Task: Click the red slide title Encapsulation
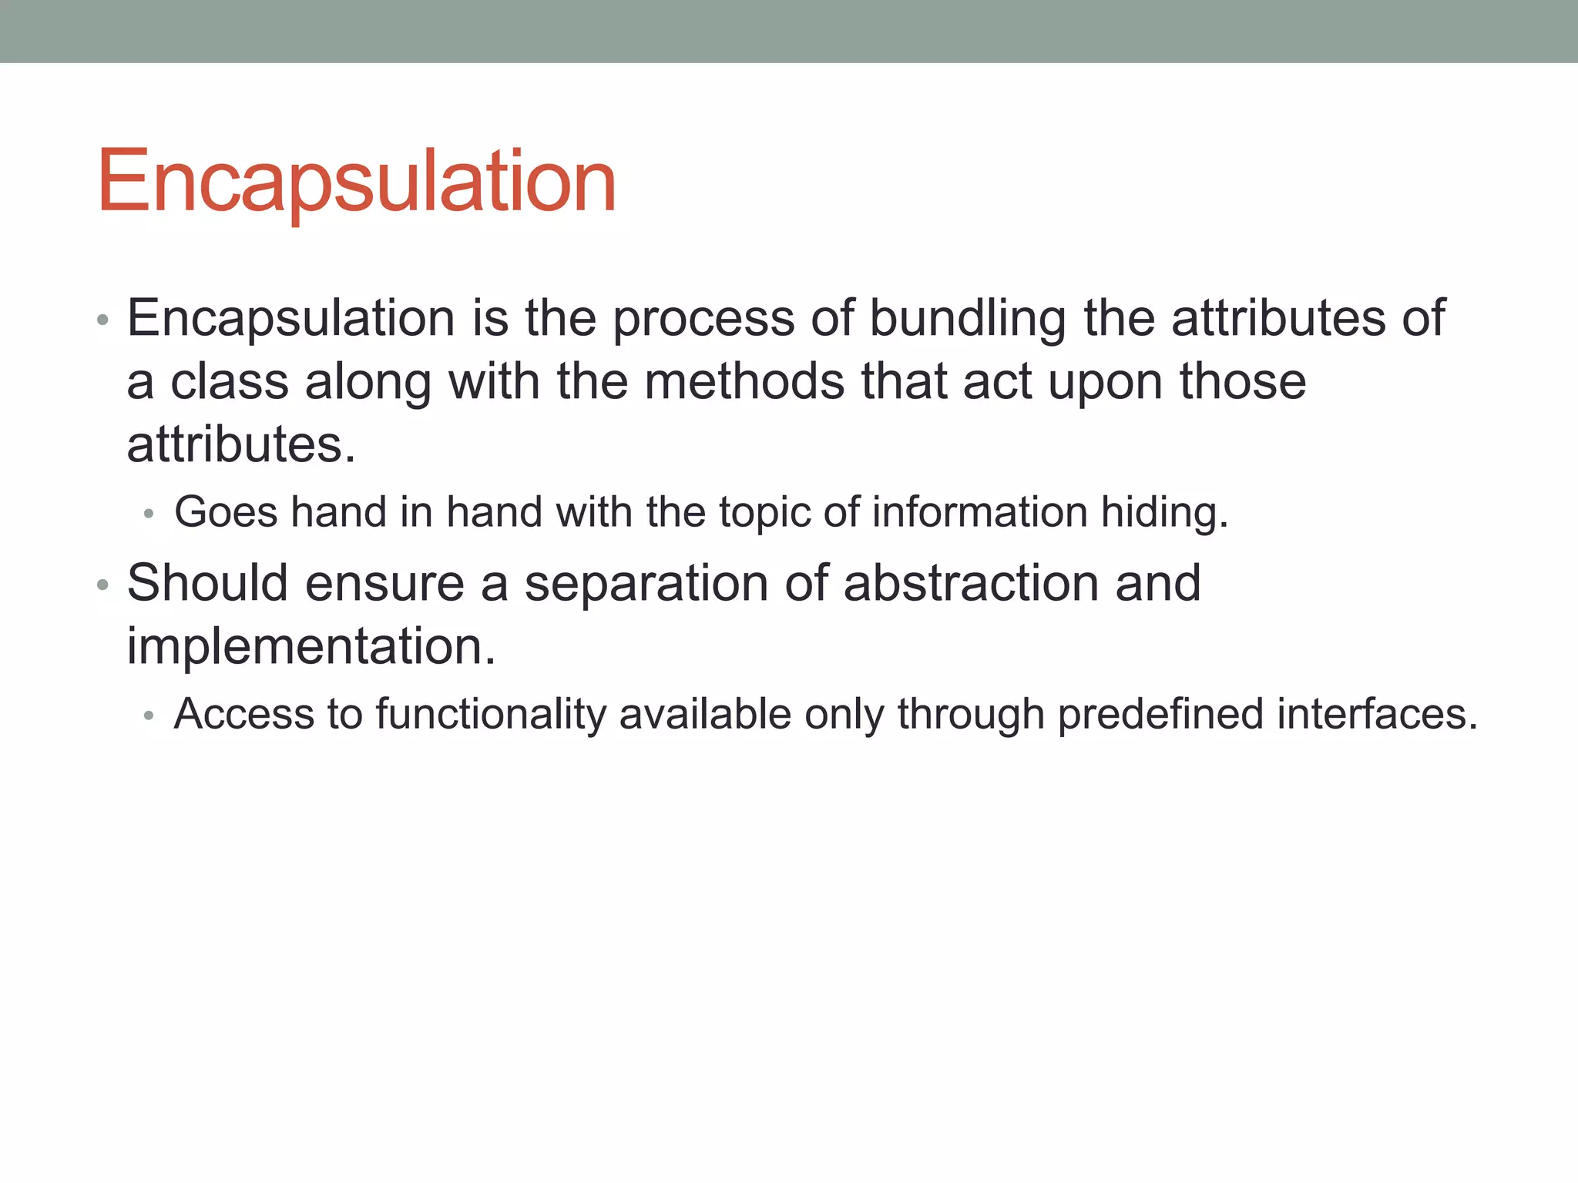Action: (x=356, y=182)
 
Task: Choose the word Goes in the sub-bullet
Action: (x=225, y=512)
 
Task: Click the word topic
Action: (x=764, y=514)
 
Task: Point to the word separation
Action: (x=646, y=585)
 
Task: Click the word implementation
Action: (x=311, y=646)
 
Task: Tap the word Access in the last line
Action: (x=244, y=714)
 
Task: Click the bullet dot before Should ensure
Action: (x=103, y=585)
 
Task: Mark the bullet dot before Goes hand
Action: (x=149, y=514)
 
